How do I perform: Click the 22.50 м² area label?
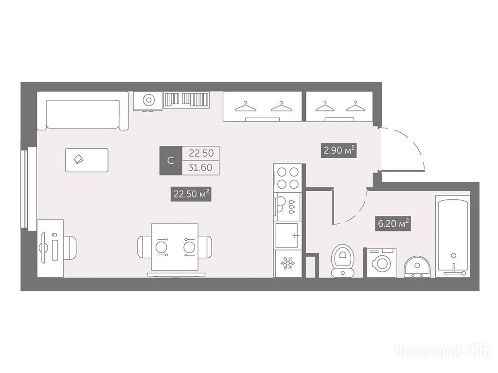191,194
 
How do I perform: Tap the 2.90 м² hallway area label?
339,150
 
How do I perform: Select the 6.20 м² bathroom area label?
393,223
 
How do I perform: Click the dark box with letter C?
171,160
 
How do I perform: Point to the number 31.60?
200,167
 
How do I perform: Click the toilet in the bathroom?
342,260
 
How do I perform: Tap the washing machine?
381,263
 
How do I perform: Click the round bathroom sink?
417,267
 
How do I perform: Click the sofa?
83,111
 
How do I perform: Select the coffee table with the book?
87,160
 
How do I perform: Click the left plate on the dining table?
161,247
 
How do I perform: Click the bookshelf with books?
186,100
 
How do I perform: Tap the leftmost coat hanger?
246,107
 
